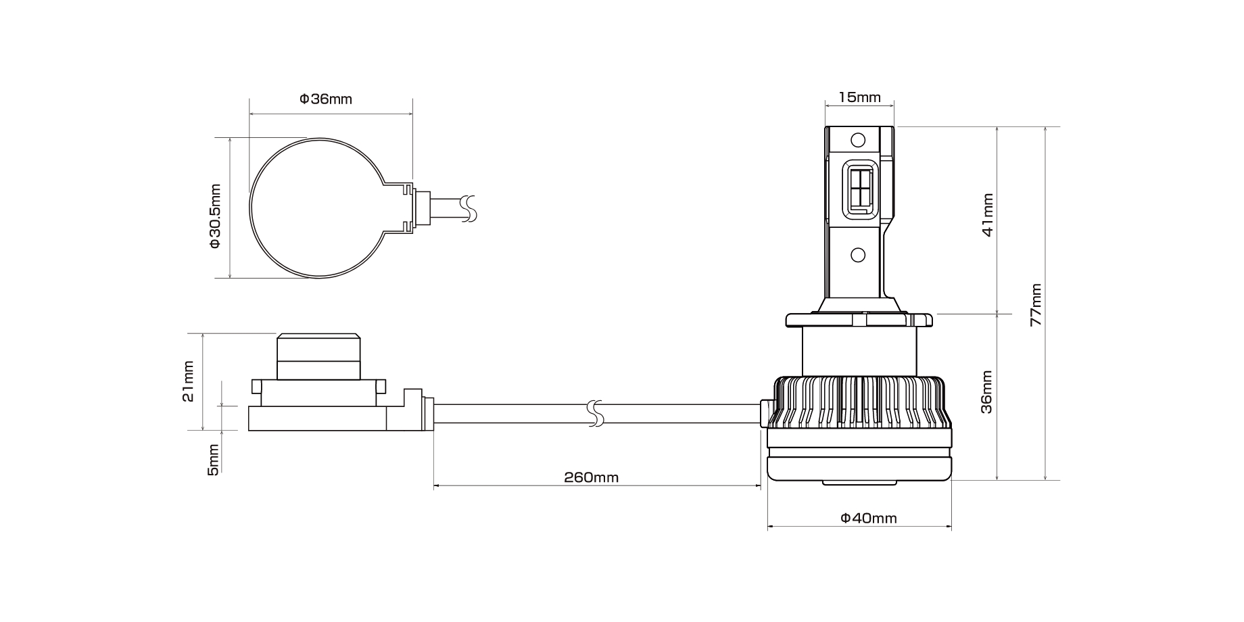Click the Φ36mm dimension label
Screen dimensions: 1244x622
coord(326,99)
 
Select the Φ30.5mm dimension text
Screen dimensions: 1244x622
coord(215,216)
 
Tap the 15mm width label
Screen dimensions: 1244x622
coord(859,97)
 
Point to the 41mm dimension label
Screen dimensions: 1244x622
coord(988,215)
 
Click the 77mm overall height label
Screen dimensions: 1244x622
coord(1036,304)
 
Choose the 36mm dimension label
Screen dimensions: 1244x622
coord(987,391)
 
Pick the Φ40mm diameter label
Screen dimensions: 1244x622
coord(869,519)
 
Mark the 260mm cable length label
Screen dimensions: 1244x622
coord(592,477)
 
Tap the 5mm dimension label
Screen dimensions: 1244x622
coord(213,460)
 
